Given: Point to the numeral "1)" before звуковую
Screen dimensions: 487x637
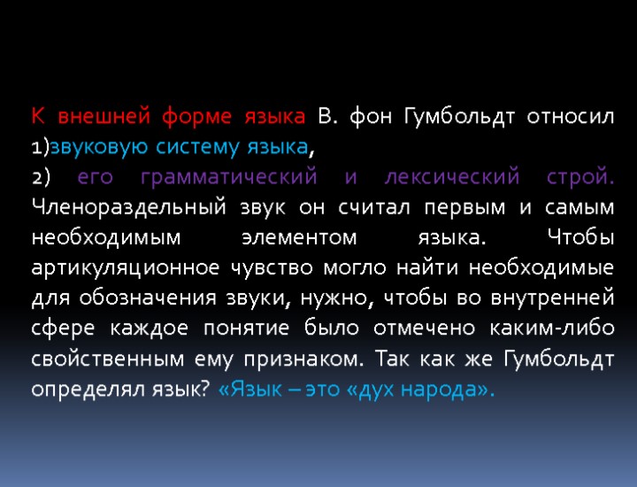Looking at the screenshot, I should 39,147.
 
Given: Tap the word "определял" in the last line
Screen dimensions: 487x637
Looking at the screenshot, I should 88,390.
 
